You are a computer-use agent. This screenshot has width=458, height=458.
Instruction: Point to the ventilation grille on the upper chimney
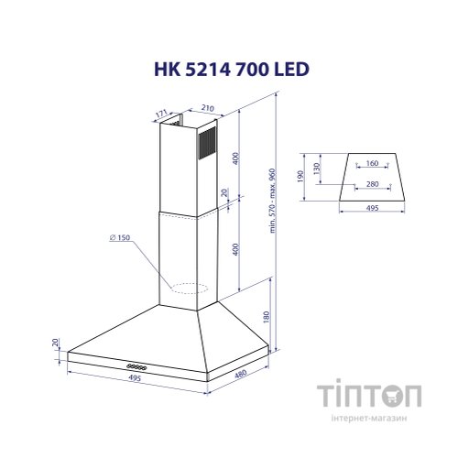coord(210,145)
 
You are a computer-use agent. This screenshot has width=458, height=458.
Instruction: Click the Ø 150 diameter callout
coord(118,239)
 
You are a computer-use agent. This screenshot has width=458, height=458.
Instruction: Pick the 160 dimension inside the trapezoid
coord(372,164)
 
